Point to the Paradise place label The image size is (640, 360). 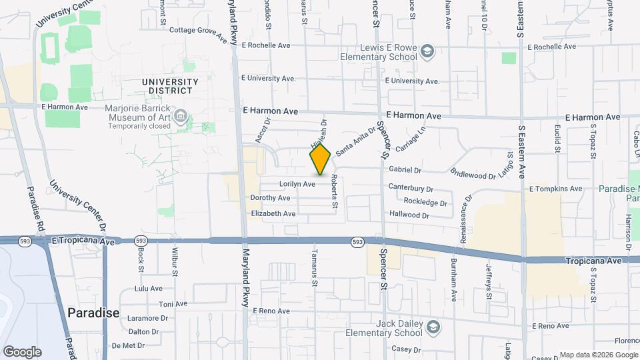pyautogui.click(x=93, y=313)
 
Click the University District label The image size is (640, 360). pyautogui.click(x=170, y=86)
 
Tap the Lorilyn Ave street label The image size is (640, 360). pyautogui.click(x=297, y=184)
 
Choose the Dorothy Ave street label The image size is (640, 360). pyautogui.click(x=270, y=198)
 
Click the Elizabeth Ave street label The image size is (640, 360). pyautogui.click(x=273, y=214)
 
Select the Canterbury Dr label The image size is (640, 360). pyautogui.click(x=411, y=189)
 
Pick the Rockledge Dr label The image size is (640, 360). pyautogui.click(x=425, y=201)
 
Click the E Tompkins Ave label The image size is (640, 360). pyautogui.click(x=555, y=189)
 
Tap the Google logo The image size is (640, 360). pyautogui.click(x=22, y=352)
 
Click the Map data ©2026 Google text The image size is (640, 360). pyautogui.click(x=597, y=355)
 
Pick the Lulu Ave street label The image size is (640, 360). pyautogui.click(x=149, y=289)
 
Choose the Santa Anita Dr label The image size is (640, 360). pyautogui.click(x=355, y=143)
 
